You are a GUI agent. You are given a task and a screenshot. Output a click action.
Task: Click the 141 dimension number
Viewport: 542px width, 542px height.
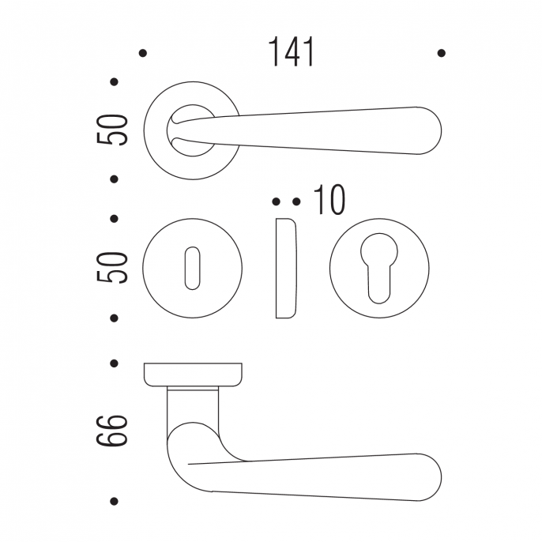291,52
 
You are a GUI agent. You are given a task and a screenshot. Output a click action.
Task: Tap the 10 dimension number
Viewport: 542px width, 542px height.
329,199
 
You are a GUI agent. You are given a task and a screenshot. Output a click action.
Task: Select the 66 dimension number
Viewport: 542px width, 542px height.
112,431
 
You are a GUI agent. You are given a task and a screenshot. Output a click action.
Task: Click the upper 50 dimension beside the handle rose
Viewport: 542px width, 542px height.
112,130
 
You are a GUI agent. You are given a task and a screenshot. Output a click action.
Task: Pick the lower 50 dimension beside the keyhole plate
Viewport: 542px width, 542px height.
112,268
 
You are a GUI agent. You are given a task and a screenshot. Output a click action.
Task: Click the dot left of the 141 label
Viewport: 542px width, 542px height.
142,53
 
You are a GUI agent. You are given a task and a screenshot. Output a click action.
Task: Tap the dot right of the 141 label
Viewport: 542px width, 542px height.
442,53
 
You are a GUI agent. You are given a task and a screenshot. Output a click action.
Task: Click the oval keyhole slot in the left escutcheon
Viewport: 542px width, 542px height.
193,269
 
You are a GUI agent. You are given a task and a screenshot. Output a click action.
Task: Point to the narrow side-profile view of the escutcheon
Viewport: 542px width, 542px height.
286,269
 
